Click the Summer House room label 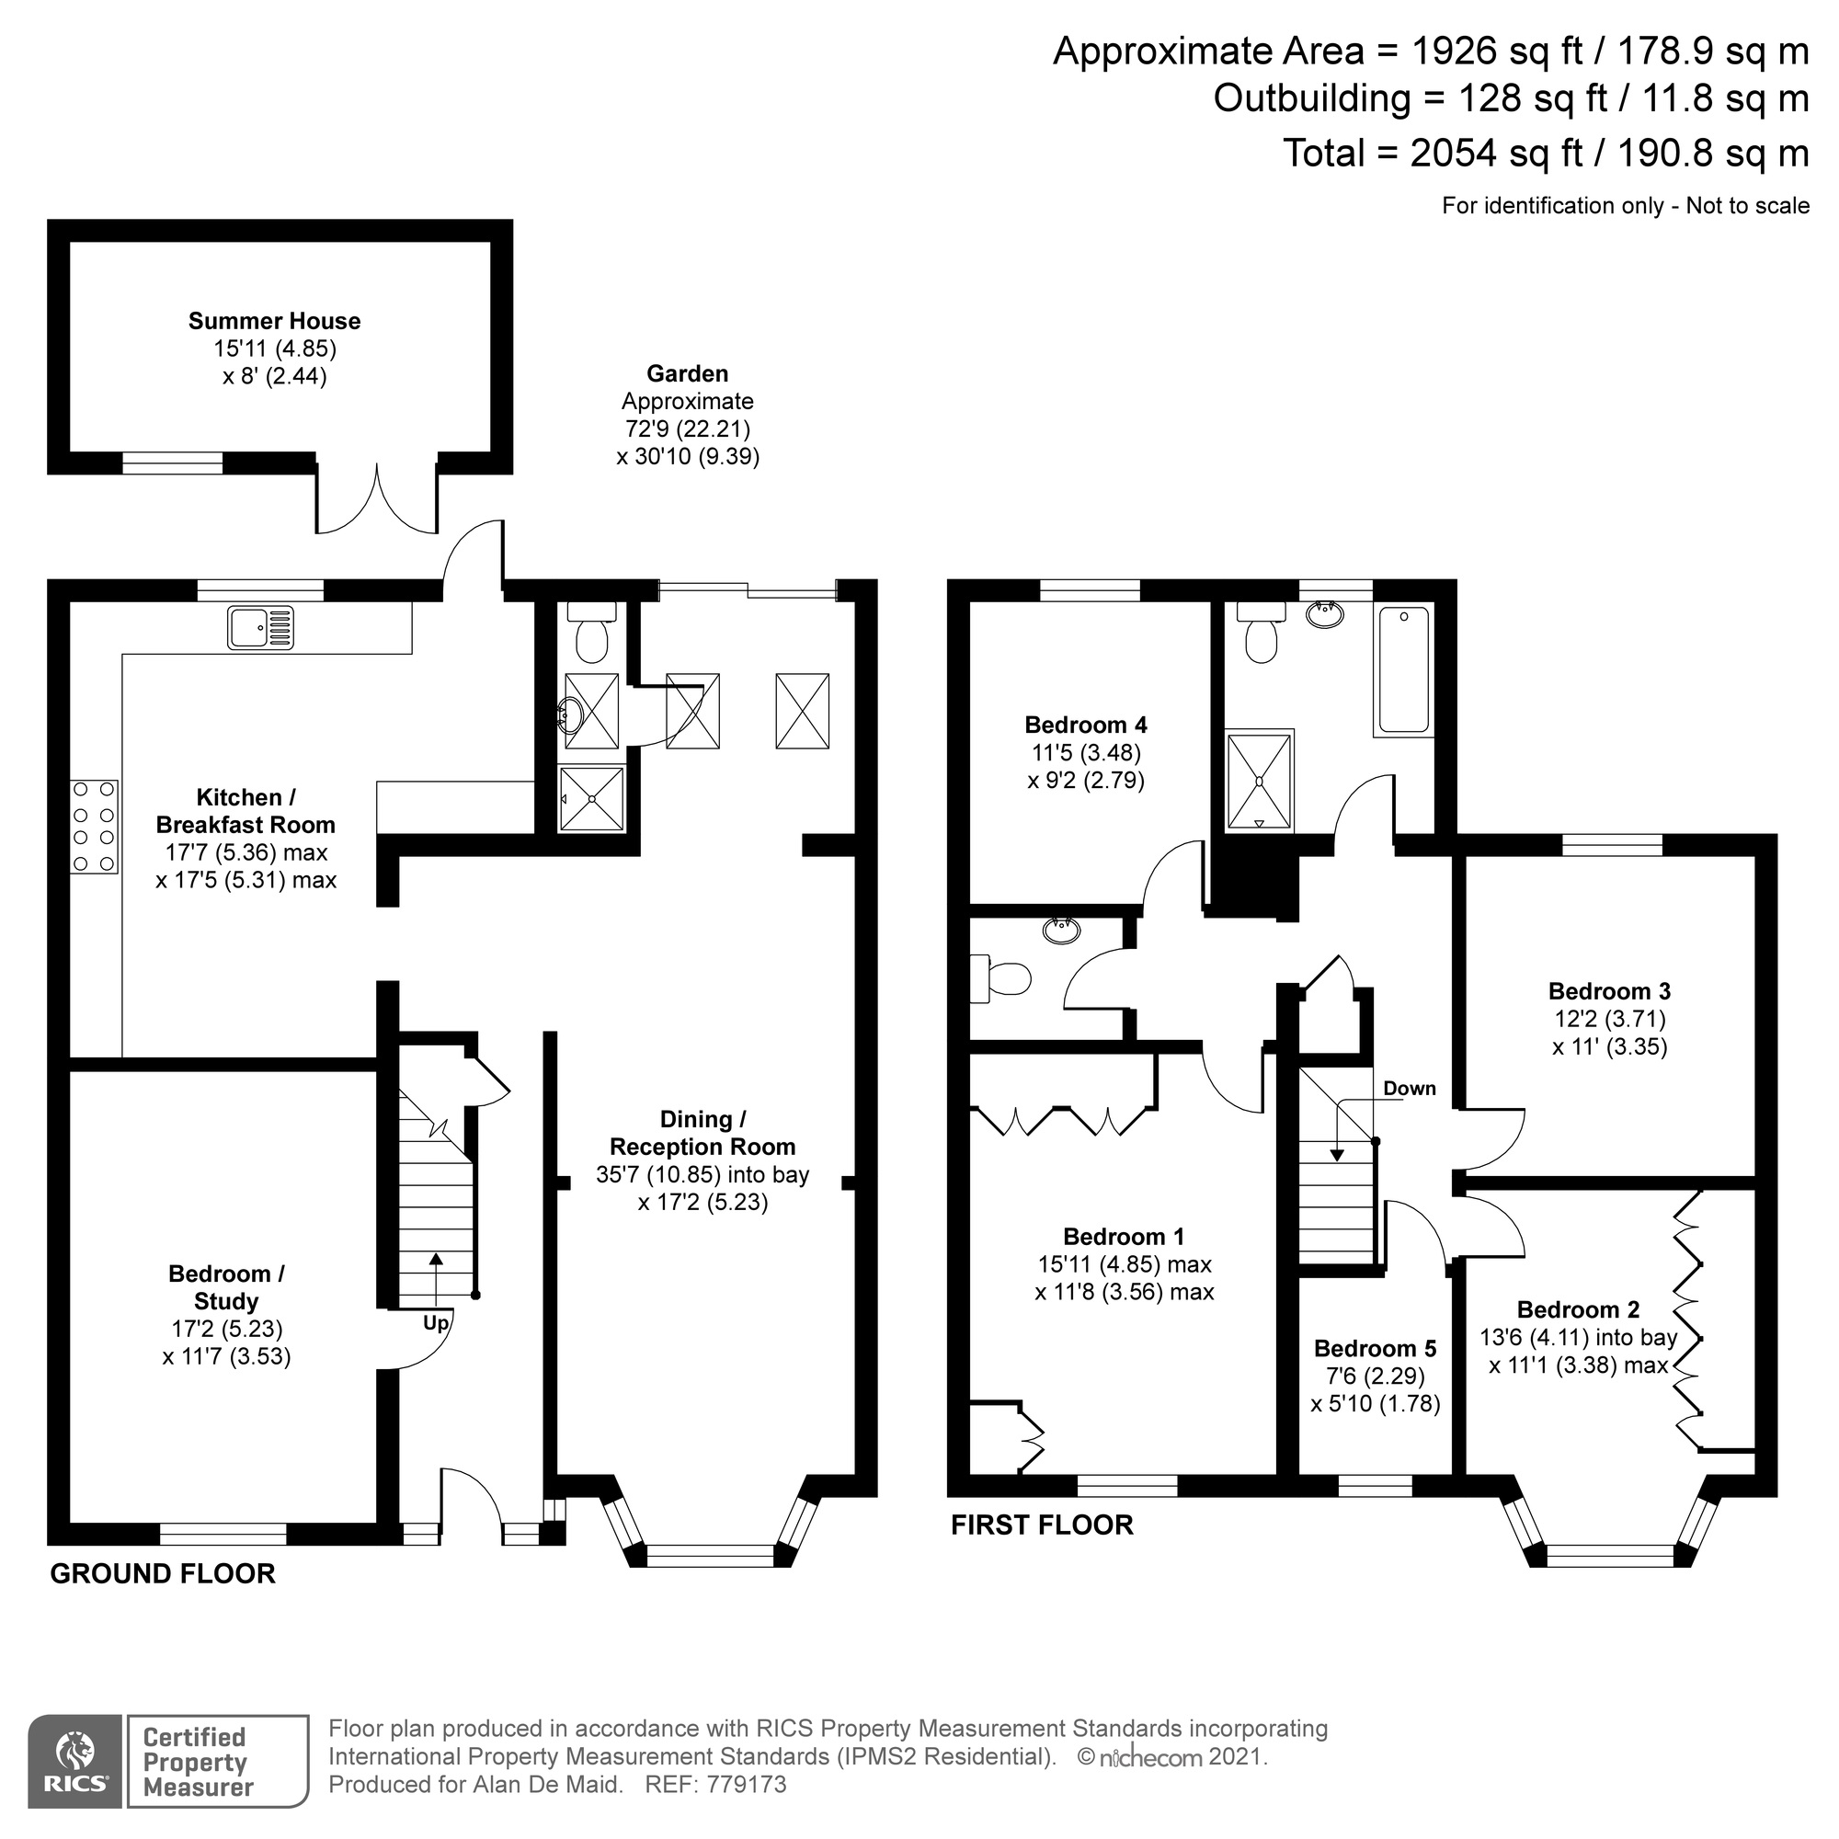click(x=274, y=321)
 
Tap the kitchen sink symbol click(x=260, y=628)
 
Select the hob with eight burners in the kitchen click(x=93, y=827)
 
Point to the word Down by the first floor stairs click(x=1409, y=1088)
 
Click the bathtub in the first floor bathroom click(x=1403, y=669)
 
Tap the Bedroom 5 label click(x=1375, y=1348)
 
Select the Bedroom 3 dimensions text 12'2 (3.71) click(x=1610, y=1020)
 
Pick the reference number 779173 click(x=747, y=1785)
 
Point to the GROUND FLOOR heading click(x=163, y=1573)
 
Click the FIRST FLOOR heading click(x=1042, y=1525)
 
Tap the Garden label click(x=687, y=374)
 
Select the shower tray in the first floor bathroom click(x=1260, y=780)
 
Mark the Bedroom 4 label click(x=1085, y=725)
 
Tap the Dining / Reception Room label click(x=702, y=1133)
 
